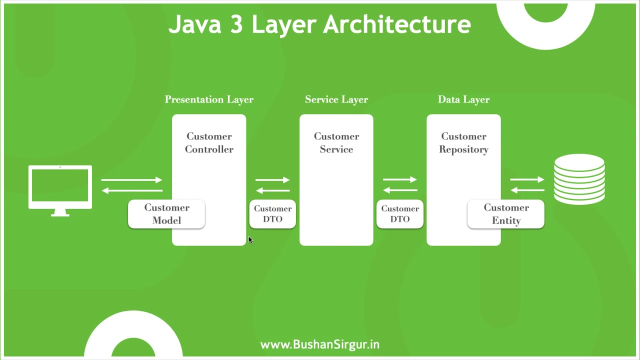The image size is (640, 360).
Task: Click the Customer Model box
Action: (166, 214)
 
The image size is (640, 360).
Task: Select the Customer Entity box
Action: (505, 214)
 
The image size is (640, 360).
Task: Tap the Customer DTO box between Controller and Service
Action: (272, 214)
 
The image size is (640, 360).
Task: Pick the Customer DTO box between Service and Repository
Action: (400, 214)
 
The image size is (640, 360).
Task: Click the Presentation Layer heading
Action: (209, 99)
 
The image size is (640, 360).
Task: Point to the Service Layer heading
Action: (336, 99)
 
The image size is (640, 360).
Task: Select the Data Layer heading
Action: (463, 99)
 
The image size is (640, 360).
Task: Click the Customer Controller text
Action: (209, 142)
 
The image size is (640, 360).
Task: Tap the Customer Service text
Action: (336, 142)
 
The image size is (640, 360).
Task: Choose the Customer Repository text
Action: (463, 142)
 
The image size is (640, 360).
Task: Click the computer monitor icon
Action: (60, 188)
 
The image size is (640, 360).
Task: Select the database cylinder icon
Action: (579, 179)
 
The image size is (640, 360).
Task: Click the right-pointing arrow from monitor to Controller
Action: (132, 179)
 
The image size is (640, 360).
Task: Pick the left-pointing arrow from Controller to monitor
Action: (132, 190)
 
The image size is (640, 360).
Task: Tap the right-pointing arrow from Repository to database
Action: (527, 179)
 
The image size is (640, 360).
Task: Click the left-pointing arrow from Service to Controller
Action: (272, 190)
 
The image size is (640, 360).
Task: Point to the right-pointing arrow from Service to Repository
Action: (400, 179)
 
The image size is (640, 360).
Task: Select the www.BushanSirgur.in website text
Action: (320, 344)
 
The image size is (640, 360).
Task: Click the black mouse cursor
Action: (250, 240)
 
